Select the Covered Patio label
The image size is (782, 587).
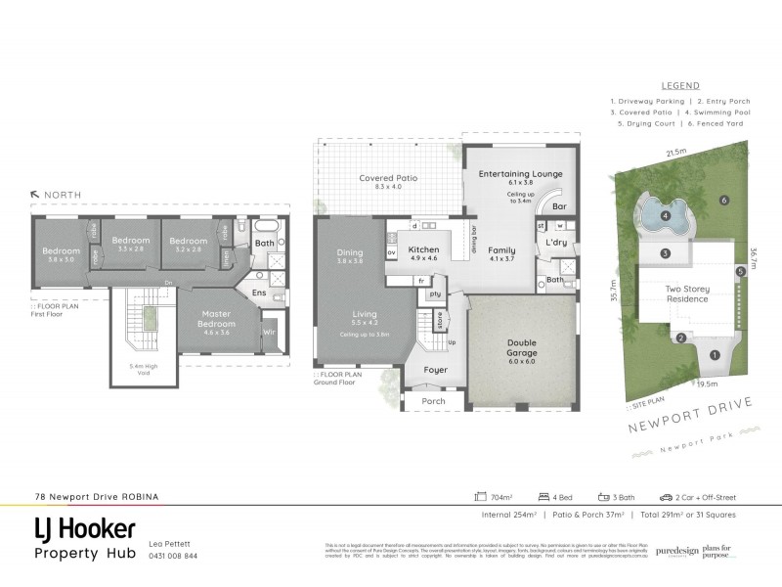pyautogui.click(x=388, y=178)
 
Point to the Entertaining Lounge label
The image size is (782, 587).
pyautogui.click(x=520, y=173)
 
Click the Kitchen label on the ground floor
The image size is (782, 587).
pyautogui.click(x=423, y=250)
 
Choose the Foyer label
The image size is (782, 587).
pyautogui.click(x=436, y=370)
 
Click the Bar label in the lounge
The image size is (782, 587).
pyautogui.click(x=559, y=207)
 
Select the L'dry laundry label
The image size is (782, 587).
pyautogui.click(x=555, y=242)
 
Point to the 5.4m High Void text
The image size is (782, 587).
pyautogui.click(x=143, y=370)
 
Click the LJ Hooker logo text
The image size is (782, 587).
pyautogui.click(x=85, y=529)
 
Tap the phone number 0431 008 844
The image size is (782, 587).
pyautogui.click(x=172, y=556)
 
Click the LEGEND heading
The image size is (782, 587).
pyautogui.click(x=680, y=85)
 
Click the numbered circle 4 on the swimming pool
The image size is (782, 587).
pyautogui.click(x=665, y=216)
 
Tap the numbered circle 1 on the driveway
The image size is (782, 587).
pyautogui.click(x=715, y=355)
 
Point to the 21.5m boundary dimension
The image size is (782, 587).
pyautogui.click(x=674, y=153)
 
